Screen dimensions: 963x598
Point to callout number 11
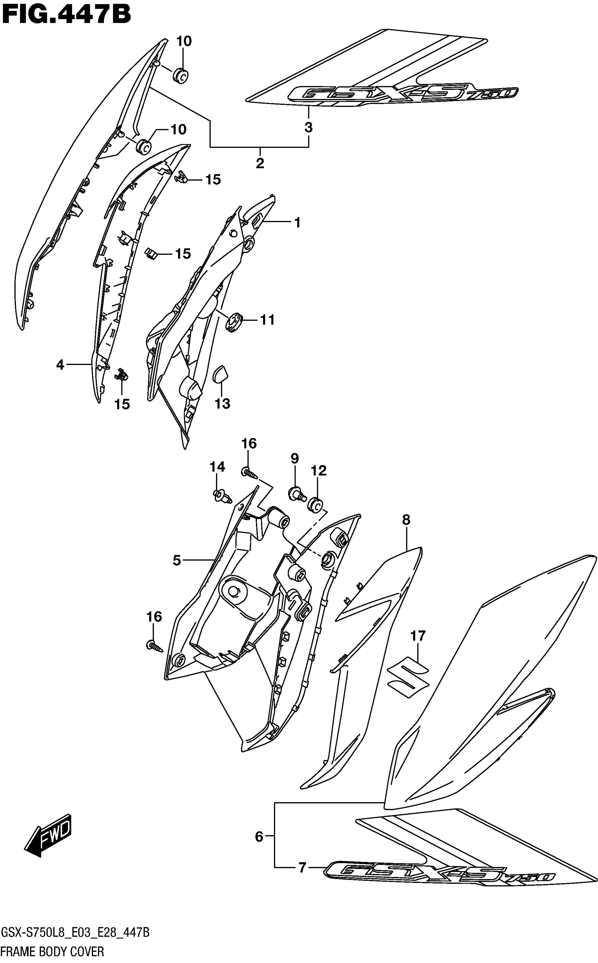(267, 320)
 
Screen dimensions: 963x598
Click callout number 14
(217, 467)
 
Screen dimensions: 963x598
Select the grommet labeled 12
(316, 504)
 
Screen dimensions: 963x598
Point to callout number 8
(406, 520)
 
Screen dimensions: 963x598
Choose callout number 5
(177, 560)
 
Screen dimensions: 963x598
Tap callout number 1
(298, 222)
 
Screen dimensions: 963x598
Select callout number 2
(260, 163)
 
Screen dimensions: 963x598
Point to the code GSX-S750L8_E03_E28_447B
(75, 933)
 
